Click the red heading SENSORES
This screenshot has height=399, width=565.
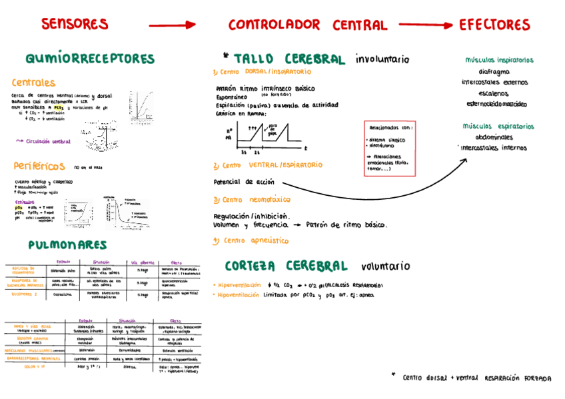(x=75, y=24)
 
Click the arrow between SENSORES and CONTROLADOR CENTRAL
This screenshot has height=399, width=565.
(x=172, y=25)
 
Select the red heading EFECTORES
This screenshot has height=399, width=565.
(x=494, y=25)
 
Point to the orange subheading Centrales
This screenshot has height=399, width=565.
(x=33, y=83)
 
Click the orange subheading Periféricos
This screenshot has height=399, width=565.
(x=39, y=166)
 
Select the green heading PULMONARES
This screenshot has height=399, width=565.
(x=68, y=245)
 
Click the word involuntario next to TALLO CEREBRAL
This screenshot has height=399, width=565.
(x=382, y=59)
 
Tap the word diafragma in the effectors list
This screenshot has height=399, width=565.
(x=494, y=72)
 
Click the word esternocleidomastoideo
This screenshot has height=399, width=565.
(x=496, y=104)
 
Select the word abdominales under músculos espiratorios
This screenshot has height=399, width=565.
(x=494, y=137)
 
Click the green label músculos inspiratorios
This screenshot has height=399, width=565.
(x=499, y=60)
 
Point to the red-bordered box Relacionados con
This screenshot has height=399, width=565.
(x=390, y=148)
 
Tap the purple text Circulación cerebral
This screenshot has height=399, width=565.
(x=46, y=141)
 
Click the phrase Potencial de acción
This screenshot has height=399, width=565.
(x=243, y=181)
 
